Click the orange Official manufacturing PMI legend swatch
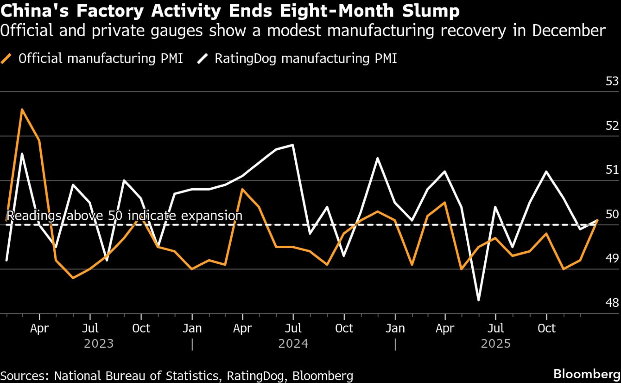6,58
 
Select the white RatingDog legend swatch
202,58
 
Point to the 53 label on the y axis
612,81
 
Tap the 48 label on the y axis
612,303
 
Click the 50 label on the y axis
612,214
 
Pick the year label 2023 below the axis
99,344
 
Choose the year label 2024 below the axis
293,344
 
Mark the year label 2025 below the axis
496,344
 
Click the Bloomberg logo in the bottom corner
587,374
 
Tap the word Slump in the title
431,11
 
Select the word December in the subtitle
569,30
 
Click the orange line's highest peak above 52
22,110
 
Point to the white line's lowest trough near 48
478,300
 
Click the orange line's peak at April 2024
242,189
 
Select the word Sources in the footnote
25,376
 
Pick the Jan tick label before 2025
395,328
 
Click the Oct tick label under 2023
141,328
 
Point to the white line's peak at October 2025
546,171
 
